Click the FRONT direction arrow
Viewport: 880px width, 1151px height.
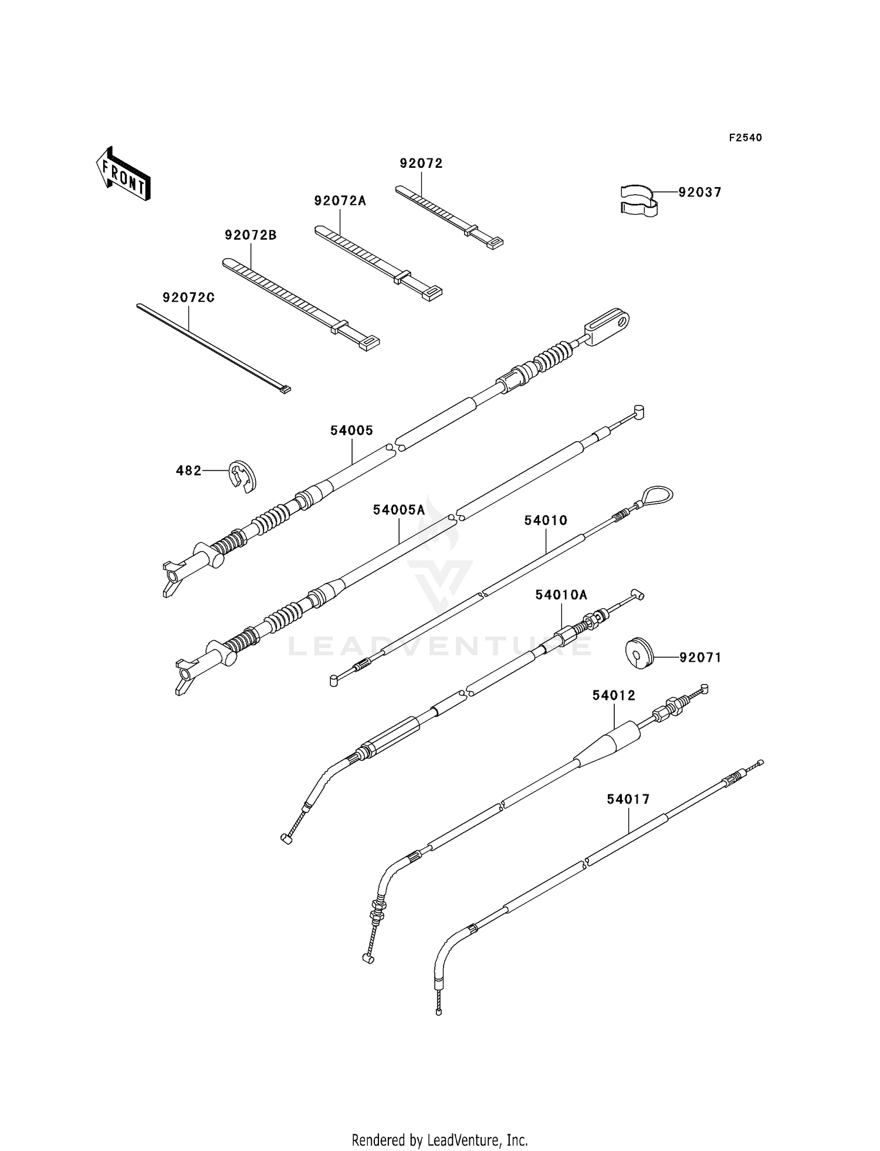click(x=123, y=175)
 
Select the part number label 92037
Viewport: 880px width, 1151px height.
click(x=700, y=192)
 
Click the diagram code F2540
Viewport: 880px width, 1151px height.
click(x=745, y=138)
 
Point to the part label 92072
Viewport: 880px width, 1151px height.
click(x=421, y=164)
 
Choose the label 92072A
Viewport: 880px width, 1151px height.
click(x=340, y=201)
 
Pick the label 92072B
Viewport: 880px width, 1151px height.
click(x=251, y=235)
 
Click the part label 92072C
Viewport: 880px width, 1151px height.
click(x=188, y=298)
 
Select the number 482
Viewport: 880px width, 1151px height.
click(x=188, y=470)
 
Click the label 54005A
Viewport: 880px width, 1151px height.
click(x=399, y=510)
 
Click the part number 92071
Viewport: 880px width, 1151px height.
click(x=700, y=658)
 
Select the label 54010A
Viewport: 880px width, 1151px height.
click(x=561, y=595)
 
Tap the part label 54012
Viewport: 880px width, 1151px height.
click(x=614, y=696)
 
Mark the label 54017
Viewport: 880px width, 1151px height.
click(x=628, y=800)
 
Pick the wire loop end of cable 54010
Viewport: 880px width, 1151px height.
click(x=656, y=496)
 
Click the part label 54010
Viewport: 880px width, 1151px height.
click(x=546, y=520)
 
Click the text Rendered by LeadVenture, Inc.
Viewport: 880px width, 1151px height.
click(x=439, y=1140)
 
